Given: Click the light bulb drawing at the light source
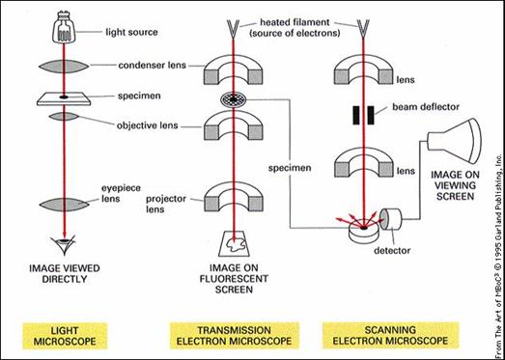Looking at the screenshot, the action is (63, 28).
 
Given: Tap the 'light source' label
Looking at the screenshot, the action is (131, 32).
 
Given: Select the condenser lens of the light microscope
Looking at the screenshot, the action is (64, 67).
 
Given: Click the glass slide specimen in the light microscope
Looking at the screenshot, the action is (63, 98).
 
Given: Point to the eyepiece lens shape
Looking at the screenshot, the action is (64, 205).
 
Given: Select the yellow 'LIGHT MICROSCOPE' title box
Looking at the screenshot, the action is (65, 335).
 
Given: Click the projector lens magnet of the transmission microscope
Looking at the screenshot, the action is (234, 198).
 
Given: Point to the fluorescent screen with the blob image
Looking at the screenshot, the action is (234, 244).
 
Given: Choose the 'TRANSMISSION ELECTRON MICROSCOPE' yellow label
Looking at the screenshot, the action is (234, 335).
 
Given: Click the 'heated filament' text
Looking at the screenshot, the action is (295, 22).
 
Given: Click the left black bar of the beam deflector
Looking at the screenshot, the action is (356, 115).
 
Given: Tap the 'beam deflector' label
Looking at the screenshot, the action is (426, 106).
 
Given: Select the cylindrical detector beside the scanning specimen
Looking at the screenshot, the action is (391, 220).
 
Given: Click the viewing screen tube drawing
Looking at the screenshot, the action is (454, 141).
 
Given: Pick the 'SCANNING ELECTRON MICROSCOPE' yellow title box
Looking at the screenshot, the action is (390, 335).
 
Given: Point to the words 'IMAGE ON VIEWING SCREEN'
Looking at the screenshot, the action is (455, 185).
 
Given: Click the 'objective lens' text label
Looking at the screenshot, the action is (147, 125).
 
